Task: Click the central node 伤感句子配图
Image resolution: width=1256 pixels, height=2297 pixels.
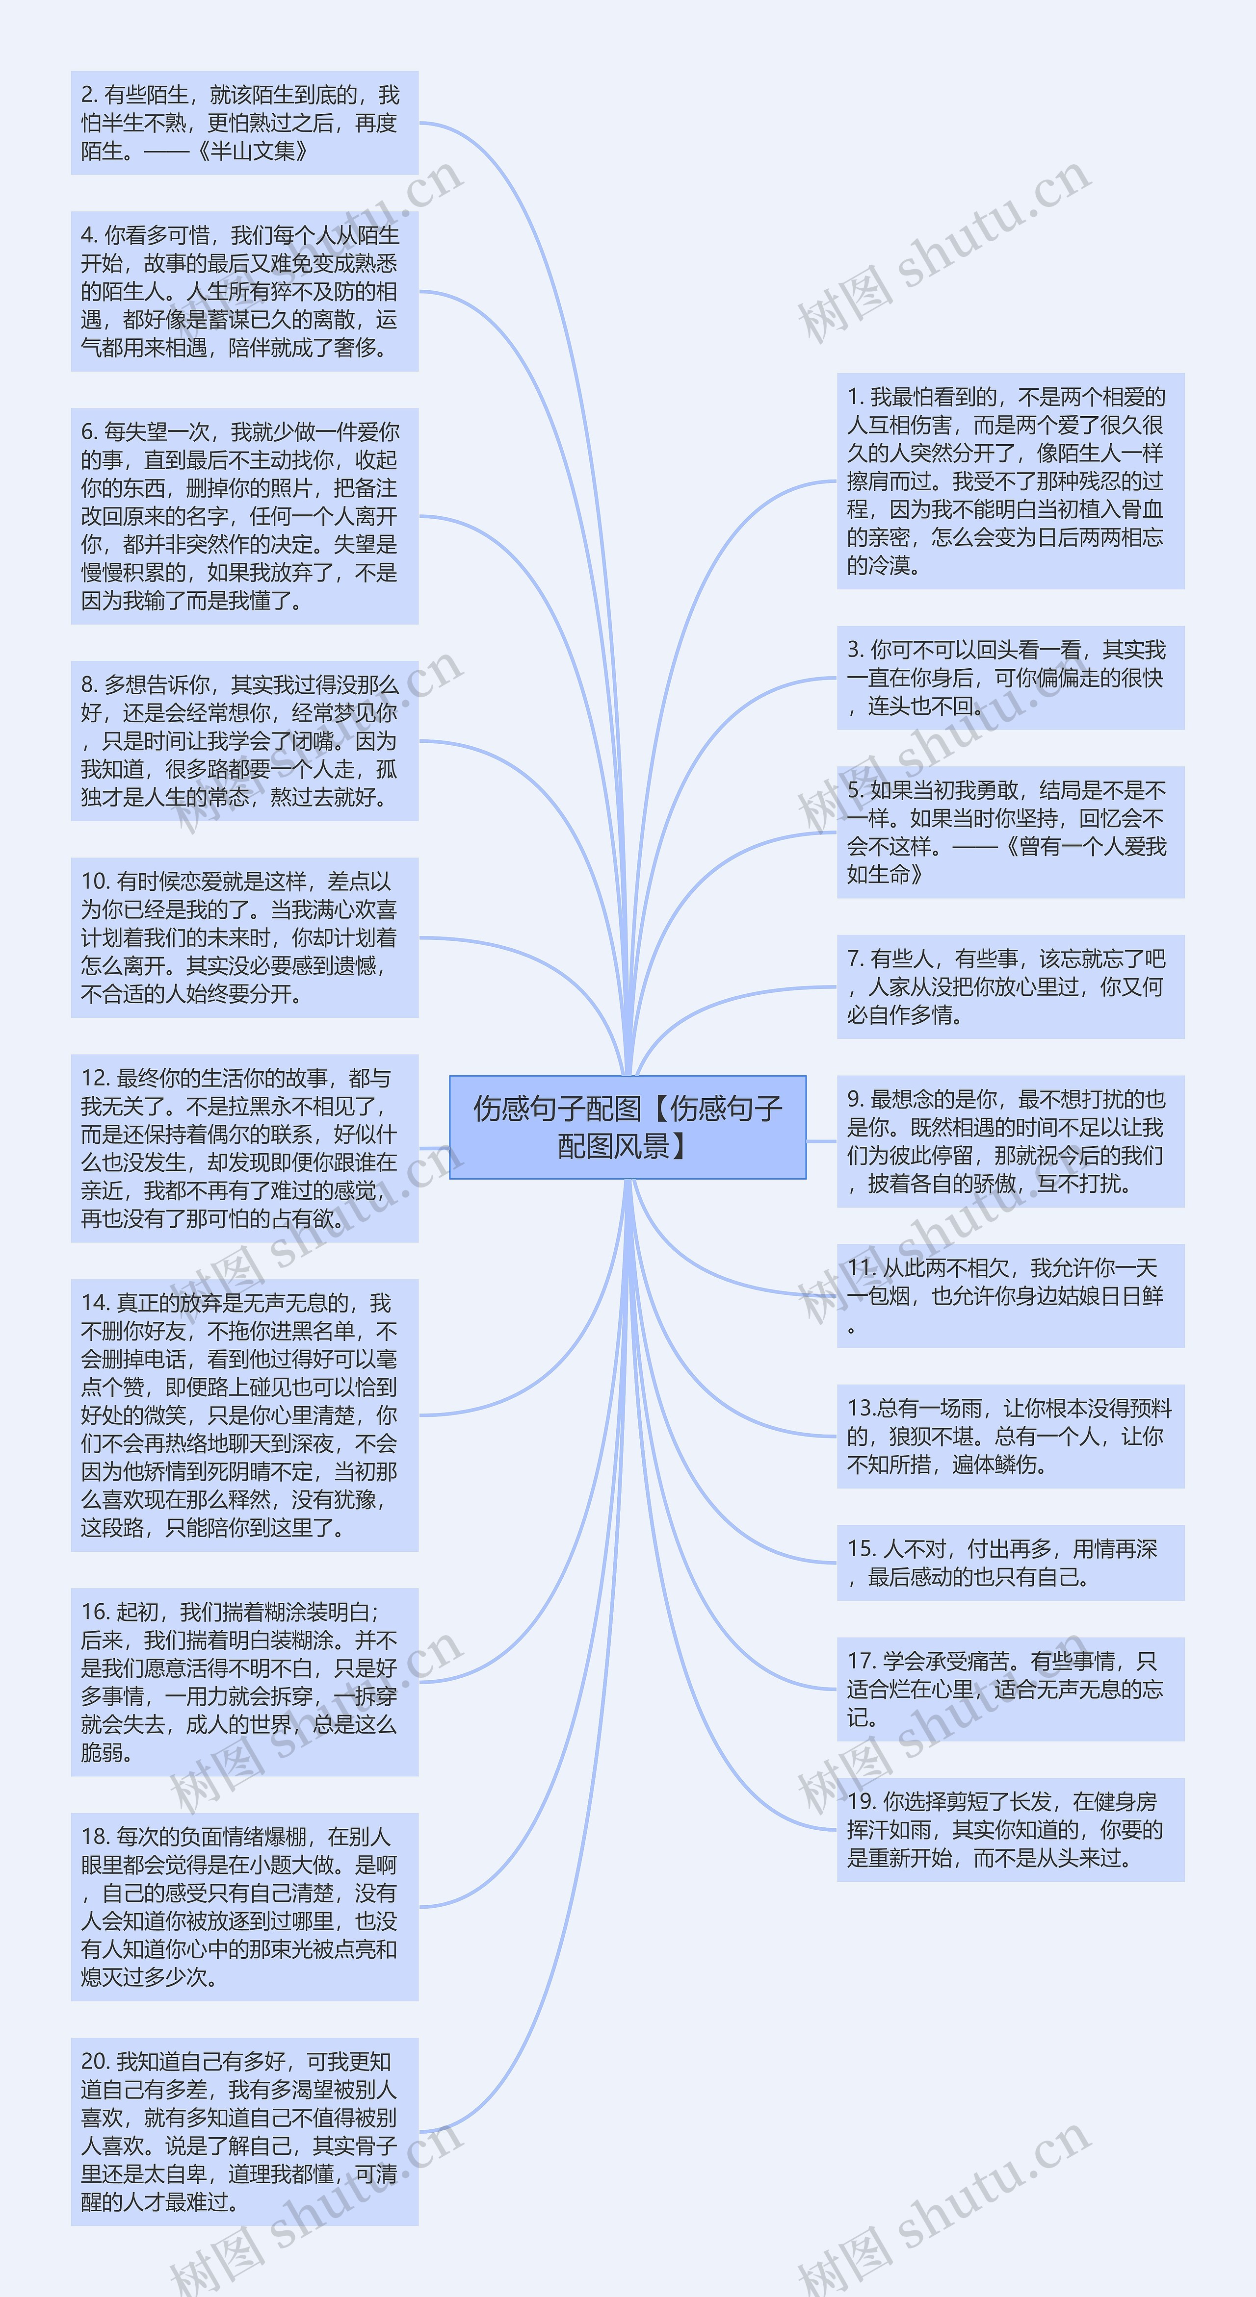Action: point(627,1127)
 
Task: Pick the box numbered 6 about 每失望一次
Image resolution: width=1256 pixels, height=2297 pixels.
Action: point(244,516)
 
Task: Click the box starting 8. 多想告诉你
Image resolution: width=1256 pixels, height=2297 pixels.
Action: point(244,741)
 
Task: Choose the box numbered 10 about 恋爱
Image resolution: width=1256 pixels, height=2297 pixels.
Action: point(244,937)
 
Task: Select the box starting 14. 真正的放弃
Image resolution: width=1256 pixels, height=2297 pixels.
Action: point(244,1415)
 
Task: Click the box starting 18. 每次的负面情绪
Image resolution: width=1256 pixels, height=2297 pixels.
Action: point(244,1906)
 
